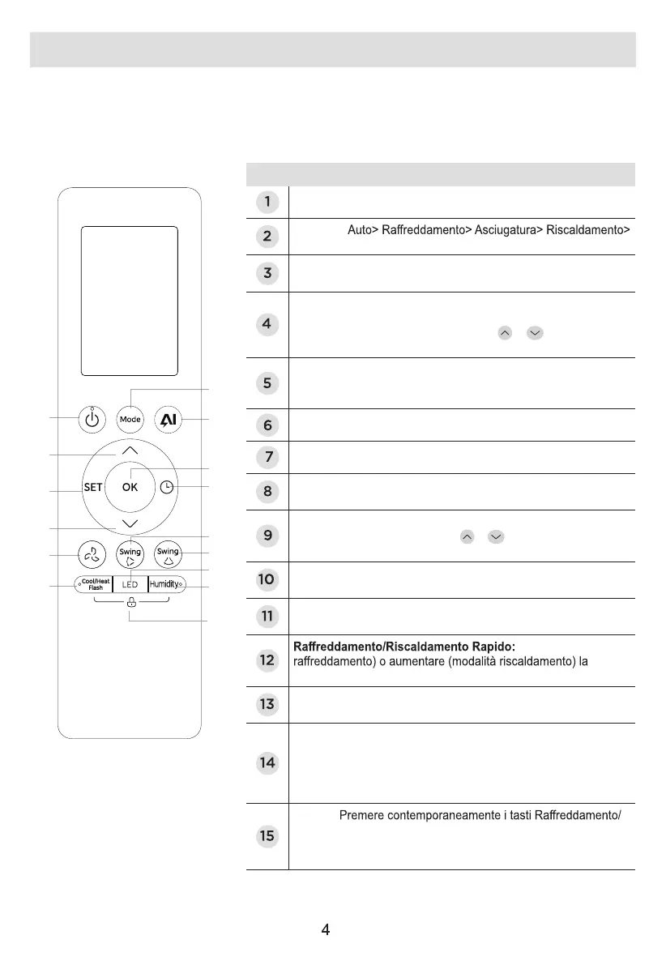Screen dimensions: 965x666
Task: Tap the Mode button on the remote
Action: coord(130,420)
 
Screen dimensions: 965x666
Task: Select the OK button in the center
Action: coord(130,487)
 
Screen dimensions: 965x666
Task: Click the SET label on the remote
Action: coord(93,487)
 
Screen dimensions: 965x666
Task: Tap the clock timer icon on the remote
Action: coord(166,487)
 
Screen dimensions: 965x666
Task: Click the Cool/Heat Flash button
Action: coord(96,584)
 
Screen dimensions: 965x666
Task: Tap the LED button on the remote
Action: coord(130,584)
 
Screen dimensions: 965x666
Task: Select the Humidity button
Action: coord(165,584)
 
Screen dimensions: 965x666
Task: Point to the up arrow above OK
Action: coord(130,450)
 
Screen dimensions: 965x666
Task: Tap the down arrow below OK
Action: coord(130,523)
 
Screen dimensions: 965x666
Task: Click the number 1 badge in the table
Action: coord(267,201)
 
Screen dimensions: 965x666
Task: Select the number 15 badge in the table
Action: coord(267,836)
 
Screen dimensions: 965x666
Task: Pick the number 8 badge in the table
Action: coord(267,491)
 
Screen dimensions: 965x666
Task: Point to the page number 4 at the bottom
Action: coord(325,930)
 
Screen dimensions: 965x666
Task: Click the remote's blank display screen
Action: coord(130,301)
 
